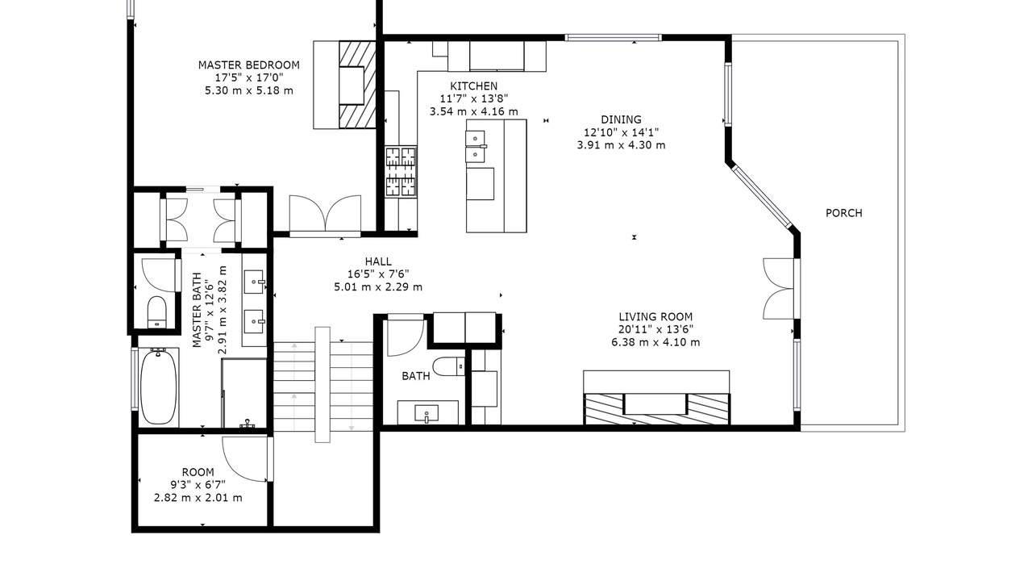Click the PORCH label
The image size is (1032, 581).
click(x=843, y=213)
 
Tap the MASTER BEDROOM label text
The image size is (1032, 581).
click(x=249, y=65)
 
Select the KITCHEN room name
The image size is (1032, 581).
click(x=473, y=86)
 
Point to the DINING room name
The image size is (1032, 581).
click(x=621, y=120)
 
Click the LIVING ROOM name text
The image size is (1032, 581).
click(x=655, y=317)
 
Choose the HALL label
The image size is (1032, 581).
click(x=378, y=262)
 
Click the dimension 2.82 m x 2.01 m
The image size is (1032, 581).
click(x=198, y=498)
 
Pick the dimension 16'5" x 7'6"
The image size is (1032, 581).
click(x=378, y=274)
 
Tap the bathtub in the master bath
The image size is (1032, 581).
click(x=159, y=387)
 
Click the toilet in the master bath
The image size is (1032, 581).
click(x=156, y=311)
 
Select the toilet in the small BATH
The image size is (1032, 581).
click(x=450, y=366)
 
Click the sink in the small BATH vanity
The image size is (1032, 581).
click(x=427, y=414)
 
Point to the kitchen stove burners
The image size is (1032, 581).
click(x=402, y=172)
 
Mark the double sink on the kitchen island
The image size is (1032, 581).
click(x=476, y=147)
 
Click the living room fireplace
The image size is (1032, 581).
click(x=656, y=409)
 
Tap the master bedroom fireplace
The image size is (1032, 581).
click(x=357, y=85)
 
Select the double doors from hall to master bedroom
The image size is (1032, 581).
click(x=325, y=214)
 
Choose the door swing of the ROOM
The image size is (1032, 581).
click(x=245, y=459)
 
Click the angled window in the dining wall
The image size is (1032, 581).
click(x=763, y=197)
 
